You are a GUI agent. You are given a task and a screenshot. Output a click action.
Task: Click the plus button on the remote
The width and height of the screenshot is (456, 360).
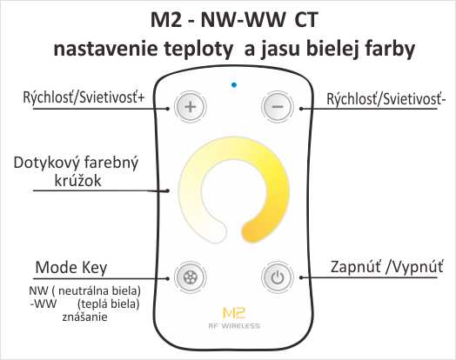click(191, 107)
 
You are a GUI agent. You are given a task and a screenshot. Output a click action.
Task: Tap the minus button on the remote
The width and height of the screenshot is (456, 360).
click(277, 107)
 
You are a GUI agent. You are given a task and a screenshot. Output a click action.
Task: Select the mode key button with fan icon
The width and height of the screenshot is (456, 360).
click(191, 277)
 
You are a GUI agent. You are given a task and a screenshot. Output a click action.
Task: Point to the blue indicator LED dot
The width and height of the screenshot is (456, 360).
click(234, 85)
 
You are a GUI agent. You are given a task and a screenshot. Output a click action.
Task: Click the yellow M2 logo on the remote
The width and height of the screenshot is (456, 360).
click(234, 312)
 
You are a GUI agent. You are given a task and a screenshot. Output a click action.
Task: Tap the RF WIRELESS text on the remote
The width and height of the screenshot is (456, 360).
click(234, 326)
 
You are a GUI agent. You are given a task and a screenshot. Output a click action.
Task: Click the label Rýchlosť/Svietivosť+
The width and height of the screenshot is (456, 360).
click(84, 97)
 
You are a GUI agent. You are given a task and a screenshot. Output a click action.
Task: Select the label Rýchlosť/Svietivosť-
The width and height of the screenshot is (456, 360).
click(386, 99)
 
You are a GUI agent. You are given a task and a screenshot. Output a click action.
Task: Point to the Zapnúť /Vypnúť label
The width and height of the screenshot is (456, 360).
click(386, 267)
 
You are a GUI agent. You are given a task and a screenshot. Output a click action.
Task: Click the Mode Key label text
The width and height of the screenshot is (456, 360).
click(71, 268)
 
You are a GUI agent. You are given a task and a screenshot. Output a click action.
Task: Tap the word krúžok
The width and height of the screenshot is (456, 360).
click(78, 181)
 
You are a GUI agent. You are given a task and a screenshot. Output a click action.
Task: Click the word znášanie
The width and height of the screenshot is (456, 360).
click(84, 317)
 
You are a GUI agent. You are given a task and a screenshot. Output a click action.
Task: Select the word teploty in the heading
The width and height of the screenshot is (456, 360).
click(198, 50)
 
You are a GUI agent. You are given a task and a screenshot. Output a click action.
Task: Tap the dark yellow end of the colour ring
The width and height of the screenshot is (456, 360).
click(251, 232)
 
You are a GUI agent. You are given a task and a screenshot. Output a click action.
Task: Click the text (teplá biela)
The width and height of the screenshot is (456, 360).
click(109, 304)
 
